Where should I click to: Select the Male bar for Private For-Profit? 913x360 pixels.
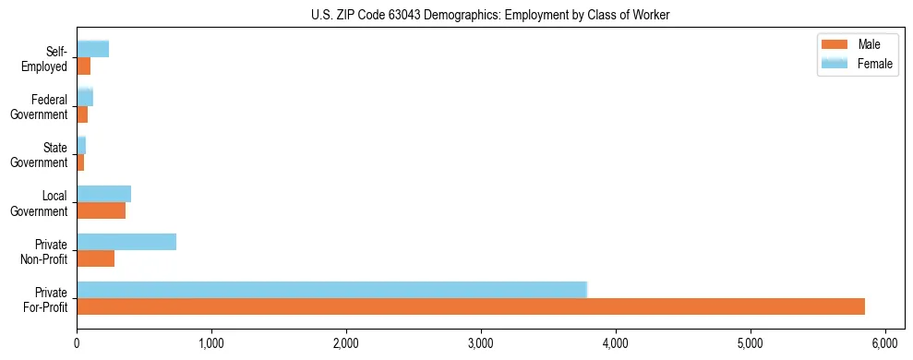471,306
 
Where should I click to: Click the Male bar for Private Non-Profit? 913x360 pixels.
95,258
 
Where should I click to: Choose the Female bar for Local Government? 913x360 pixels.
103,194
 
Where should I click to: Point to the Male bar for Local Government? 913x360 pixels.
101,210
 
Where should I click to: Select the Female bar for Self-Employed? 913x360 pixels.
92,49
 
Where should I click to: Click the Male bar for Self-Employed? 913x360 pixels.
83,66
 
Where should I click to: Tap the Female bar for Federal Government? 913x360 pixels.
84,97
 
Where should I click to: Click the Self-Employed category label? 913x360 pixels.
45,58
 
